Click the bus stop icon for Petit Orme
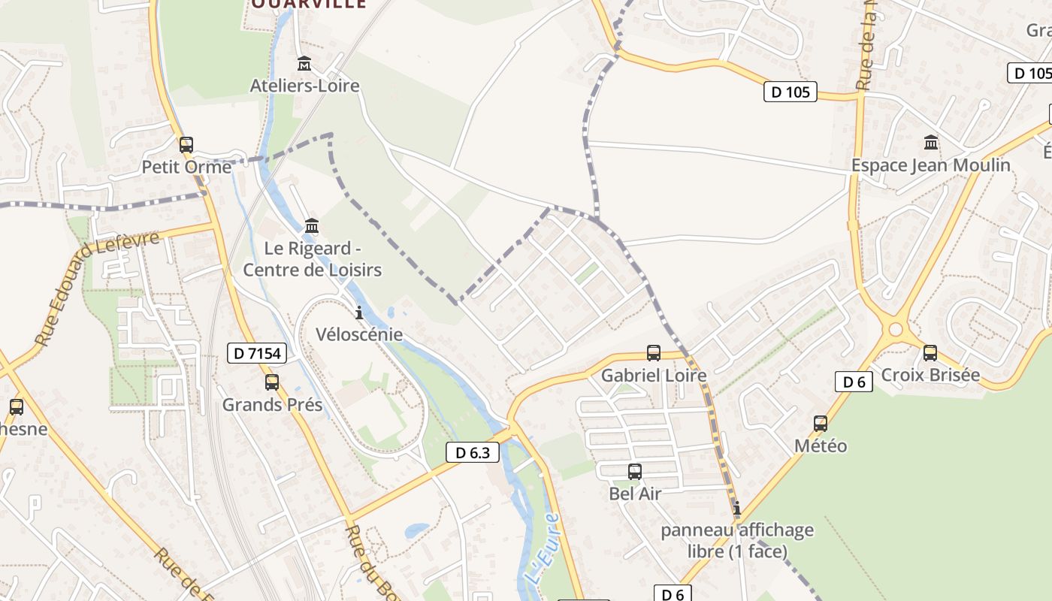[x=186, y=144]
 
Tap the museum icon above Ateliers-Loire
[x=304, y=63]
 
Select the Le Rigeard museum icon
[x=312, y=225]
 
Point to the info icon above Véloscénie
[x=359, y=313]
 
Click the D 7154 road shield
[x=257, y=353]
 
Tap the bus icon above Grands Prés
[x=272, y=382]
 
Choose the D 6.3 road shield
[x=473, y=452]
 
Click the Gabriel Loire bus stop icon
[x=654, y=353]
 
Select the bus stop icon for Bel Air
[x=635, y=472]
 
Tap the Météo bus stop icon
[x=821, y=424]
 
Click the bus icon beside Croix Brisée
[x=930, y=353]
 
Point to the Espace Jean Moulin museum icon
[x=931, y=142]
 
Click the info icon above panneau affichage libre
[x=737, y=509]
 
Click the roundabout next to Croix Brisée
[x=895, y=329]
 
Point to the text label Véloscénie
[x=359, y=334]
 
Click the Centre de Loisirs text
[x=313, y=270]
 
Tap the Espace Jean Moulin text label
[x=930, y=165]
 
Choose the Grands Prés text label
[x=272, y=405]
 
